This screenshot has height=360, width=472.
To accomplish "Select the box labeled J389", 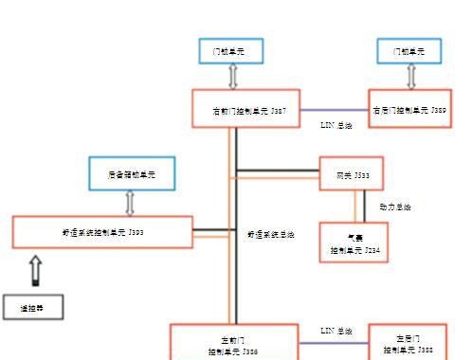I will coord(408,109).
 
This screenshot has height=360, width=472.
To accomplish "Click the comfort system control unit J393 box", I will coord(102,231).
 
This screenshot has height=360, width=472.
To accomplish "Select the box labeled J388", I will coord(407,343).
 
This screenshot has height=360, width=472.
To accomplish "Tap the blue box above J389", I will coord(408,51).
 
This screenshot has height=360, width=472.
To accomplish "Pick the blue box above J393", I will coord(131,173).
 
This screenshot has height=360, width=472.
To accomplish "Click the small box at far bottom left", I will coord(32,307).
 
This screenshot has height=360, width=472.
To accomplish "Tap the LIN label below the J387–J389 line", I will coord(336,125).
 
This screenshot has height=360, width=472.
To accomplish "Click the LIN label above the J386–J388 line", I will coord(336,331).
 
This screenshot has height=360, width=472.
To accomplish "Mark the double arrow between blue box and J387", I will coord(232,77).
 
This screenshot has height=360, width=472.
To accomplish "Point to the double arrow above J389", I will coord(408,77).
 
